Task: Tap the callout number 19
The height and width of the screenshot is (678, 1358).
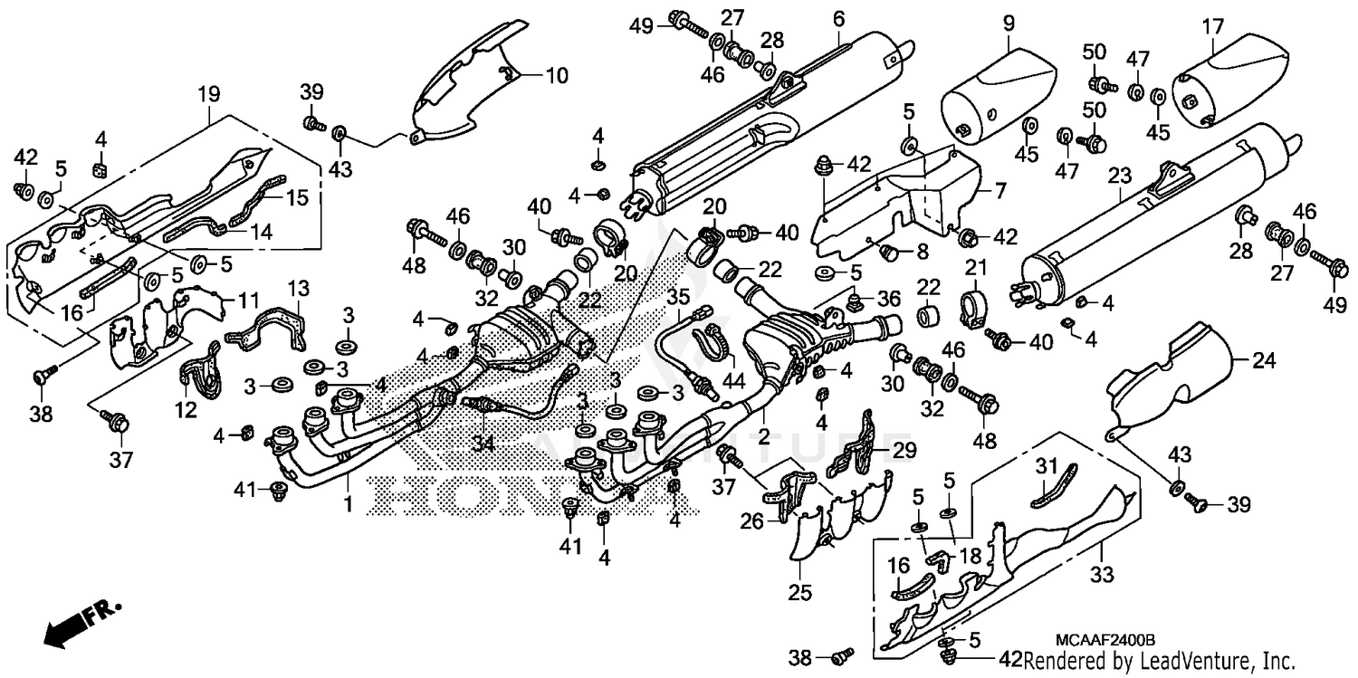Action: tap(209, 93)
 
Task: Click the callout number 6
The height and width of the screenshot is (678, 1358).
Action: tap(838, 18)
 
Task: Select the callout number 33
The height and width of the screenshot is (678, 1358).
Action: tap(1100, 573)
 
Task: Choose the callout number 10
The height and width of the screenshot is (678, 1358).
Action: tap(556, 75)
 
